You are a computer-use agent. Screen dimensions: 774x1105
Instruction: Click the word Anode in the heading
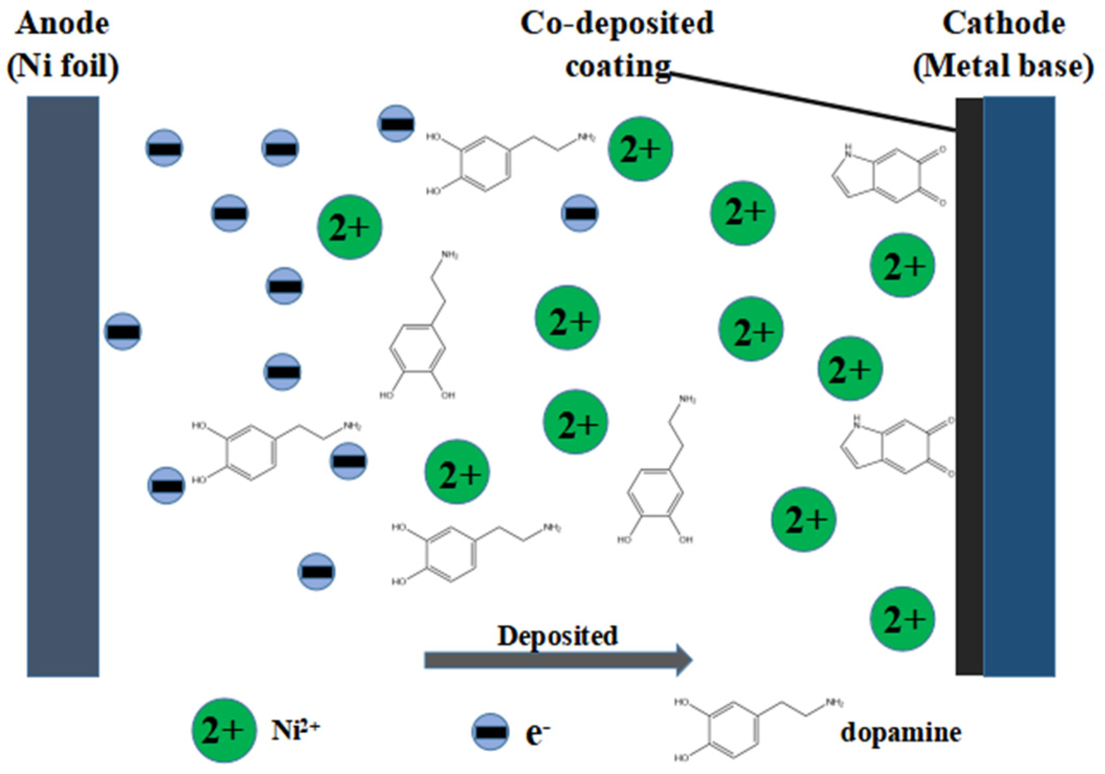[63, 24]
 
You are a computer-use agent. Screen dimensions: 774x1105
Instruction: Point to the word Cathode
[1003, 24]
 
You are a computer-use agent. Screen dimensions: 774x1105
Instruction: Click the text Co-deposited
[617, 24]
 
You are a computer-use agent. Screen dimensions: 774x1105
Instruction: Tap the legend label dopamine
[900, 732]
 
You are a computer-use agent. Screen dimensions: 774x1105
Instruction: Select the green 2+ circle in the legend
[224, 730]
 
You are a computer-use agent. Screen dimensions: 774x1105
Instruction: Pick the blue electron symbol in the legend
[490, 731]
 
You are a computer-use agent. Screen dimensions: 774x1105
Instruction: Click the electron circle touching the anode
[123, 331]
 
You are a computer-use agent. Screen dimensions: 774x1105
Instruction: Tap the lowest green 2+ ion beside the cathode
[902, 618]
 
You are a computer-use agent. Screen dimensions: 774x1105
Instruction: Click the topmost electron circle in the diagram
[396, 123]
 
